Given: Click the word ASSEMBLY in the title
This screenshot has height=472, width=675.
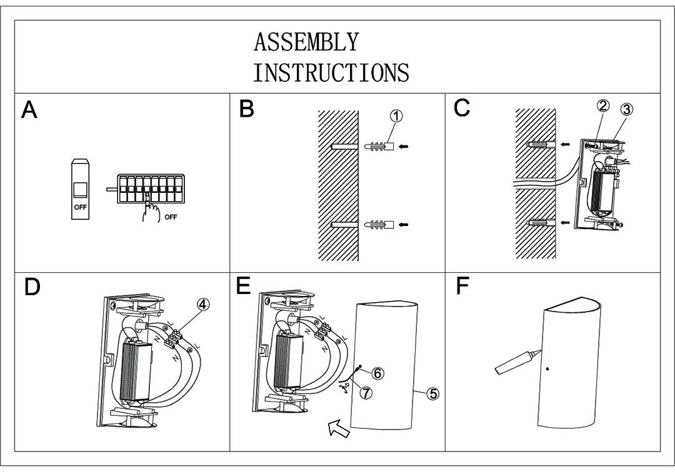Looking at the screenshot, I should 306,42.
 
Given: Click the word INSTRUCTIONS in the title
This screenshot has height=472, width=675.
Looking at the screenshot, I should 331,72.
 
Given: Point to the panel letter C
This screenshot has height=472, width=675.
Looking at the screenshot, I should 462,108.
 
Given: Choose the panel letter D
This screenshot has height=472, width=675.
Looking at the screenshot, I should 32,287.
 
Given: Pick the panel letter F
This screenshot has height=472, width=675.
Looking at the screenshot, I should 462,286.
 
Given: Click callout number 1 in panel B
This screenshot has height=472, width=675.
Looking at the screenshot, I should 396,116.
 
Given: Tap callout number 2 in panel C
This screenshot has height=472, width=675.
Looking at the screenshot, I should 602,106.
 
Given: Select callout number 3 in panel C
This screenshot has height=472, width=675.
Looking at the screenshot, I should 626,109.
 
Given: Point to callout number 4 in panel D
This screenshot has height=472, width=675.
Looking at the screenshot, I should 203,304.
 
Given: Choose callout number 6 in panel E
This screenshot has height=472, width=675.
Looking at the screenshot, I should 377,373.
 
